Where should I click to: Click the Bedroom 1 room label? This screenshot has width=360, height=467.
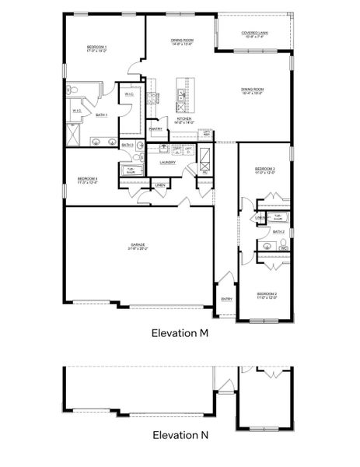[x=97, y=47]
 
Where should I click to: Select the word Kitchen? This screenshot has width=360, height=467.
[x=183, y=118]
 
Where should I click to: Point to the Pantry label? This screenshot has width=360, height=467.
[x=156, y=129]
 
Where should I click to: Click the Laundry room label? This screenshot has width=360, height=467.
[x=167, y=163]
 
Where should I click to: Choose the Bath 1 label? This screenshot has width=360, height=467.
[x=101, y=115]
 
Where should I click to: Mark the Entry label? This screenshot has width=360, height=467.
[x=226, y=299]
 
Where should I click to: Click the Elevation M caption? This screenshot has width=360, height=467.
[x=180, y=332]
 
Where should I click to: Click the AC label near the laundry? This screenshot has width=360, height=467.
[x=204, y=172]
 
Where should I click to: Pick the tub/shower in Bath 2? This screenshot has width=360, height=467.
[x=278, y=217]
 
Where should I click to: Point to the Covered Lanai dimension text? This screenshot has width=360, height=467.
[x=255, y=37]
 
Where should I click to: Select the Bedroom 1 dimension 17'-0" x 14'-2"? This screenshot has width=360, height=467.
[x=97, y=51]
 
